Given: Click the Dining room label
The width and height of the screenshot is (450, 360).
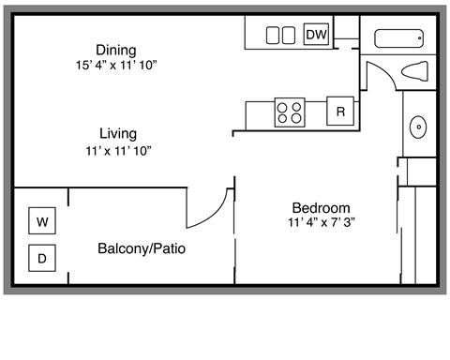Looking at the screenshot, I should coord(116,50).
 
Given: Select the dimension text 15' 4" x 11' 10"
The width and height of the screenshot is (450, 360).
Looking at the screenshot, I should coord(116,66).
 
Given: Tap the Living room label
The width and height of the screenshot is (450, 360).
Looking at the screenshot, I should coord(117,134).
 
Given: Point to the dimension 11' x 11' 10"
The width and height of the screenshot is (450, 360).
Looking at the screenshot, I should coord(117,150).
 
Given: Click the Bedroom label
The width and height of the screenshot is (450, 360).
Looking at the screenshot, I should coord(321,208).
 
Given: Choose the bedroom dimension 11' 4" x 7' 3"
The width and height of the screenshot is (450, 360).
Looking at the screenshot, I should coord(321,223).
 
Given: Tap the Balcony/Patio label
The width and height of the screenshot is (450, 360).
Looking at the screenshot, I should coord(140,249).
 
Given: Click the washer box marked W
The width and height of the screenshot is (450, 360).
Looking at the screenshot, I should coord(41,222).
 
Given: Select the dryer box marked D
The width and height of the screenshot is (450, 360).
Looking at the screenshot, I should coord(41,257).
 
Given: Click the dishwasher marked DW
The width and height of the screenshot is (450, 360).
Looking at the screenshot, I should coord(317,35).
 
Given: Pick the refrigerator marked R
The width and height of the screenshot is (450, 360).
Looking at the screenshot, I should coord(341,112).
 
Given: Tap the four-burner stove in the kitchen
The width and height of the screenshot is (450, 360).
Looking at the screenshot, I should coord(290,112).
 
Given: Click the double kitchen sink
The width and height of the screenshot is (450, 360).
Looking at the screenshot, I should coord(280,36).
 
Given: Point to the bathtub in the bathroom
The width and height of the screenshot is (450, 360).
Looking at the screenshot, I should coord(399,38).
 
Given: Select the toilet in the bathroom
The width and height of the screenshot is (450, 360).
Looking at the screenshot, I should coord(415,71).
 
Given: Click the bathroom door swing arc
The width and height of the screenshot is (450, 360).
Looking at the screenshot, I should coord(381,73).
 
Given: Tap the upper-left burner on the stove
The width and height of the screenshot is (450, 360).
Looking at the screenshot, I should coord(283,106).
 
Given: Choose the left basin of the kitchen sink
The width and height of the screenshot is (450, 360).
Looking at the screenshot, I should coord(273,36).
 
